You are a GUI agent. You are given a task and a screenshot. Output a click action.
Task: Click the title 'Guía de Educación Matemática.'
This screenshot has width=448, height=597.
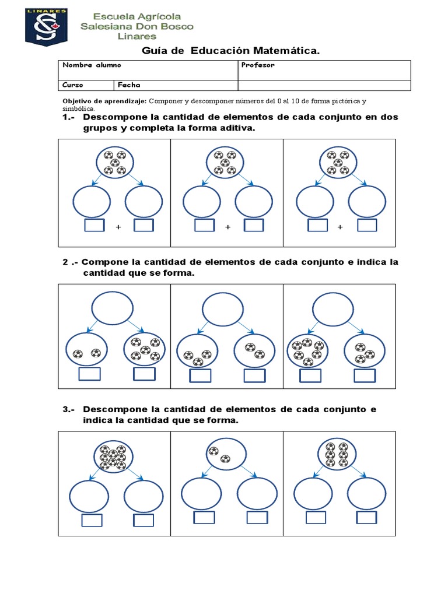(232, 51)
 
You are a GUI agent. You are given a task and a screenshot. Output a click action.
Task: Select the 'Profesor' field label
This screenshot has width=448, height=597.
(257, 65)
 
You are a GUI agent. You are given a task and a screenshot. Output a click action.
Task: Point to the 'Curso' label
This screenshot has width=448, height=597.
(73, 85)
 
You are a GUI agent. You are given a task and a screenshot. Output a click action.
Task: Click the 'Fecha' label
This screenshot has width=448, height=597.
(129, 85)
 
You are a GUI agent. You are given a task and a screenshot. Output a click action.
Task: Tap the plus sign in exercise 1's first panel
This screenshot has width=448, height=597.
(118, 227)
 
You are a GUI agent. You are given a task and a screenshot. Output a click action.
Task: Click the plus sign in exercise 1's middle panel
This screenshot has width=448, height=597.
(228, 227)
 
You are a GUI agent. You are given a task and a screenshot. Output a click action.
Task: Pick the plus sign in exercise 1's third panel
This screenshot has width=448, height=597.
(340, 227)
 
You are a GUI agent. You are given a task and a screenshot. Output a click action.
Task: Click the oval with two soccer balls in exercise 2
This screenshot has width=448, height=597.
(86, 352)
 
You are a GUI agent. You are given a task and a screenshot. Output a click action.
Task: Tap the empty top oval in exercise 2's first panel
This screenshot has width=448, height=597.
(112, 307)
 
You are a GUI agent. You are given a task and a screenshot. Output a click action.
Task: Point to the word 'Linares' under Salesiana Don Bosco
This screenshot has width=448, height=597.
(137, 36)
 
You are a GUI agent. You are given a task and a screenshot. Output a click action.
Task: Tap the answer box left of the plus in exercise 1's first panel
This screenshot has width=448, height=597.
(94, 226)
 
